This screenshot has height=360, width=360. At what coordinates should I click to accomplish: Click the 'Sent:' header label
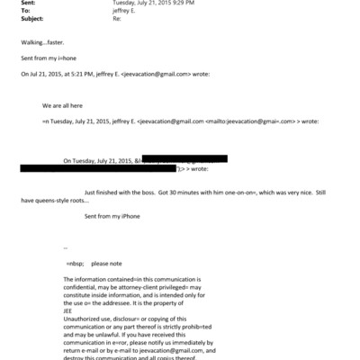point(26,4)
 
